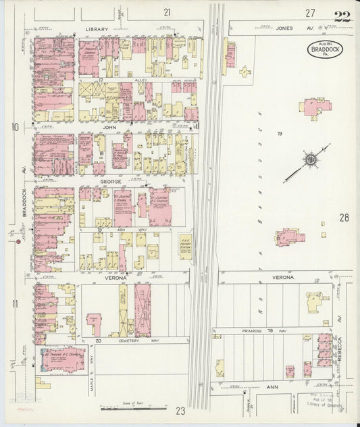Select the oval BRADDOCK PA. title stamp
[x=325, y=49]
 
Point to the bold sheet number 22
[x=342, y=17]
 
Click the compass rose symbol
[x=310, y=160]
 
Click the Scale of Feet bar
[x=126, y=408]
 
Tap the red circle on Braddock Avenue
[x=11, y=241]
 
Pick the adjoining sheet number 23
[x=180, y=410]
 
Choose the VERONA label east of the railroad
[x=283, y=278]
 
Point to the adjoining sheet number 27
[x=309, y=13]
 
